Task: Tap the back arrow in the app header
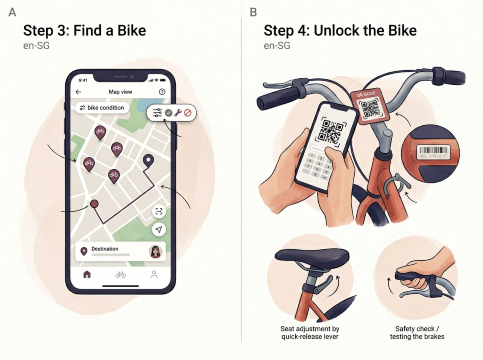(x=79, y=89)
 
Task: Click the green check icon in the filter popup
(x=169, y=114)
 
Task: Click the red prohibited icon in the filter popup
(x=187, y=114)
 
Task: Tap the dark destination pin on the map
(x=149, y=160)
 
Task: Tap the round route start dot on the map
(x=94, y=203)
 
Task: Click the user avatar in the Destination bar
(x=156, y=251)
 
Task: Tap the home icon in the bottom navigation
(x=87, y=273)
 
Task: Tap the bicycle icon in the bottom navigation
(x=121, y=273)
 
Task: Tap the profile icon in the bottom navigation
(x=154, y=273)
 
